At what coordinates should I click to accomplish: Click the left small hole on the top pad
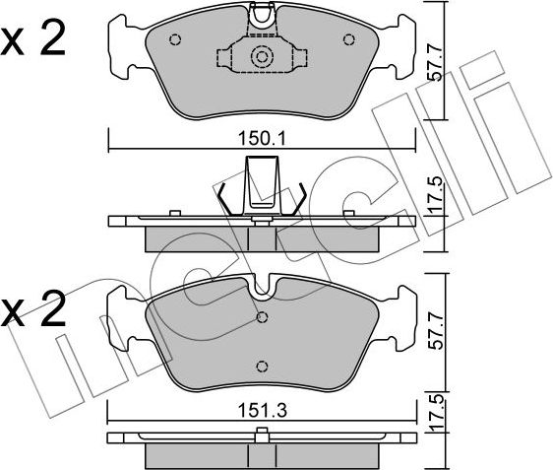175,40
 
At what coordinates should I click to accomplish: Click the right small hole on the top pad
347,40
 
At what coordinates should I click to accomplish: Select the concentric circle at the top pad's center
262,57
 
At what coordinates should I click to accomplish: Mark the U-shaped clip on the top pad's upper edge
262,14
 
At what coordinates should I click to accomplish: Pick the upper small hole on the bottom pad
262,317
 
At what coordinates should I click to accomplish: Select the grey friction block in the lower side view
262,454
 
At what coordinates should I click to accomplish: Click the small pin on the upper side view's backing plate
174,211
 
